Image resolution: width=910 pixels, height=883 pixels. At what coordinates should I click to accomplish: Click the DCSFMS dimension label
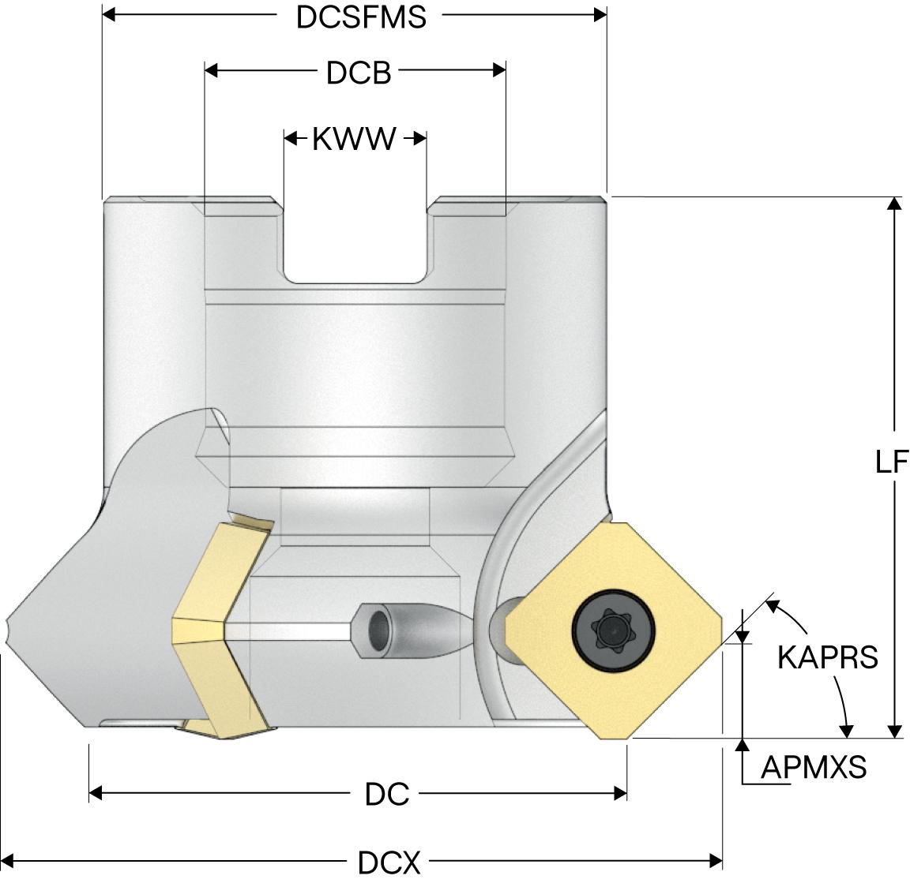coord(361,17)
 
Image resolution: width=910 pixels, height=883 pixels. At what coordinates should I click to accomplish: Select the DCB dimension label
coord(359,73)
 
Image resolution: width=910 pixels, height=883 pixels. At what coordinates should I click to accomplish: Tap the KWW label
coord(353,139)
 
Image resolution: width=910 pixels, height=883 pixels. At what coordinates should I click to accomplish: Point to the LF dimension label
coord(893,462)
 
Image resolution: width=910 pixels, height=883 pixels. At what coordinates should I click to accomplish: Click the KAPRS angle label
coord(827,657)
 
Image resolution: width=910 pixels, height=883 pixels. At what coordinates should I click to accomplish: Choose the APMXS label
coord(814,766)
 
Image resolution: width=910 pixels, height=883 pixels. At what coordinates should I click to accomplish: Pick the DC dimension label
coord(387,793)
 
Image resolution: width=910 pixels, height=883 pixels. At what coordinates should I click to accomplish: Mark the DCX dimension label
coord(389,862)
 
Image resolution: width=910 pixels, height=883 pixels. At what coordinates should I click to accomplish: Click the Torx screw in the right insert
coord(613,629)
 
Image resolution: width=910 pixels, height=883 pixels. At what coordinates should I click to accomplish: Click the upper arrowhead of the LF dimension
coord(894,204)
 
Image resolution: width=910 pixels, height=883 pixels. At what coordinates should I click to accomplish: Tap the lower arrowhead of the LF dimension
coord(894,731)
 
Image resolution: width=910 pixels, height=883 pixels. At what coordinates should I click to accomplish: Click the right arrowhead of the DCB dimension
coord(498,70)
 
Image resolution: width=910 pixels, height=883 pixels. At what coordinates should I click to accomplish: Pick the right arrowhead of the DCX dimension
coord(716,859)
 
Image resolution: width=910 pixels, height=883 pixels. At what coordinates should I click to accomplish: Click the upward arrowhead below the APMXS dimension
coord(743,746)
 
